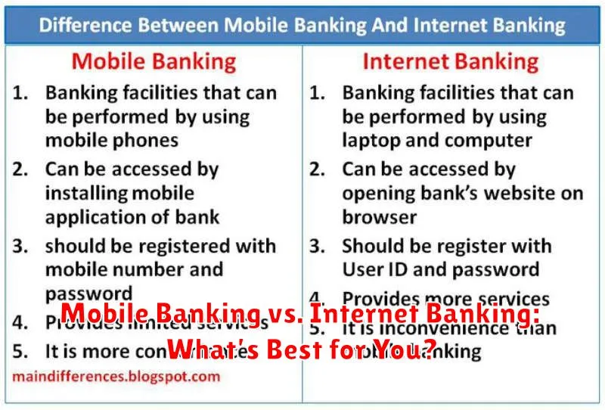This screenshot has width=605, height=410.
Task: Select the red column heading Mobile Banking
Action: [154, 61]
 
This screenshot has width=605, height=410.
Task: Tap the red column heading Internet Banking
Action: [451, 61]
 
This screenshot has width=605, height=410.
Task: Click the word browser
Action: [379, 217]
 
